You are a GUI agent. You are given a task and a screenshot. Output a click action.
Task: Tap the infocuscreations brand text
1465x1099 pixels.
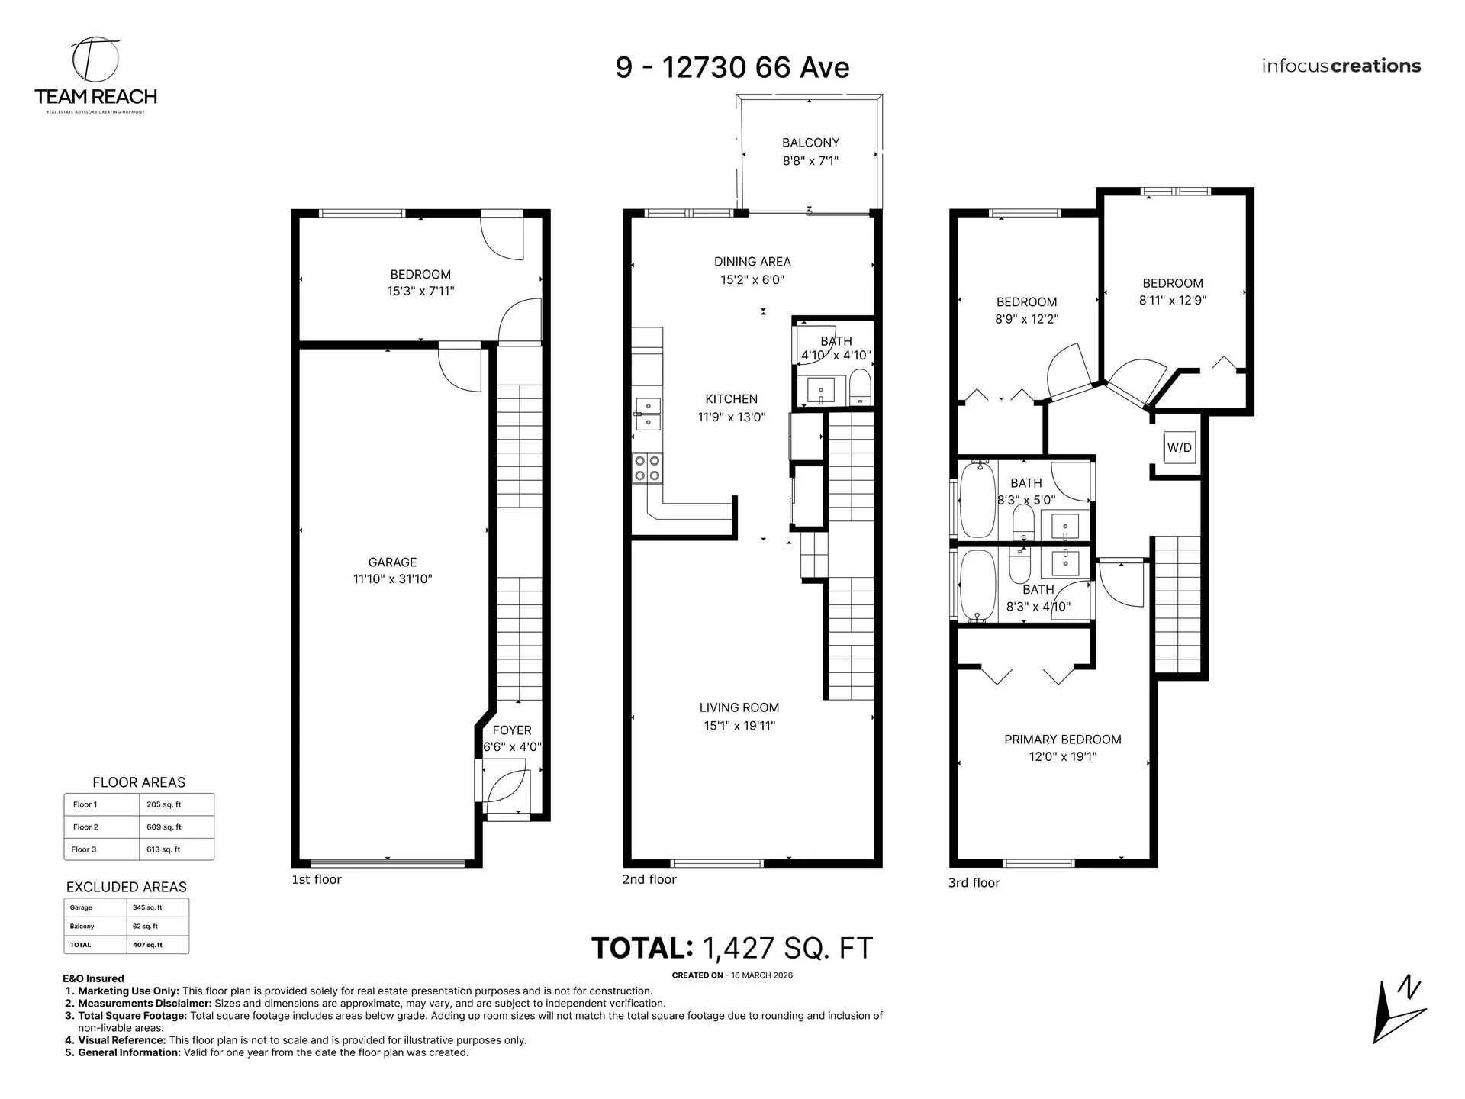pyautogui.click(x=1341, y=66)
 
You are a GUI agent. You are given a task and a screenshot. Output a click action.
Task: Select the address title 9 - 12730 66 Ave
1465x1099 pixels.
pyautogui.click(x=732, y=68)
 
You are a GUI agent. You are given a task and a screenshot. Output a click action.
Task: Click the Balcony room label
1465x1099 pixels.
pyautogui.click(x=810, y=143)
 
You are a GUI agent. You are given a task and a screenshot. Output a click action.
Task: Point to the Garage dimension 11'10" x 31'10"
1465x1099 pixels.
pyautogui.click(x=392, y=579)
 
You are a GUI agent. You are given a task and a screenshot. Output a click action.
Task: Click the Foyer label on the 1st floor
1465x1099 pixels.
pyautogui.click(x=511, y=730)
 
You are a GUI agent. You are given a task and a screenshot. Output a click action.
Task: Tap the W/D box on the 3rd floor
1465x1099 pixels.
pyautogui.click(x=1179, y=448)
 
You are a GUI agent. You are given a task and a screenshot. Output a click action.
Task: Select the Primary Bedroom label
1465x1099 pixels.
pyautogui.click(x=1062, y=740)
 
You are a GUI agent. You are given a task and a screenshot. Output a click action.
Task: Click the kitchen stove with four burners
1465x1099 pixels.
pyautogui.click(x=647, y=468)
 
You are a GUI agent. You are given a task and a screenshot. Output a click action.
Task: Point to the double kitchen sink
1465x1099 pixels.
pyautogui.click(x=648, y=414)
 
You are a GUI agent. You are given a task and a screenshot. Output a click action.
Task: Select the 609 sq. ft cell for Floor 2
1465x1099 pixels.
pyautogui.click(x=164, y=827)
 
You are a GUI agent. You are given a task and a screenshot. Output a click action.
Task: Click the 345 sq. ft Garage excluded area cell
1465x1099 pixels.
pyautogui.click(x=147, y=908)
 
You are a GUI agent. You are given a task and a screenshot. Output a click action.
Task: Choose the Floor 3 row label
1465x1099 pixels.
pyautogui.click(x=84, y=849)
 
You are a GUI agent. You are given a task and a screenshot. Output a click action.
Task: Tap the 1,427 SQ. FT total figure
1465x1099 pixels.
pyautogui.click(x=787, y=949)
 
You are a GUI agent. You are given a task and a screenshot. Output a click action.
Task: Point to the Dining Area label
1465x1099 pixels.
pyautogui.click(x=752, y=262)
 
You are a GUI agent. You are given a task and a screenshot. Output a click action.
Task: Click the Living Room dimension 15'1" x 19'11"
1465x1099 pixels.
pyautogui.click(x=739, y=726)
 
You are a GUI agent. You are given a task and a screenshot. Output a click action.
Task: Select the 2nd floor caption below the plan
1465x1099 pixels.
pyautogui.click(x=649, y=880)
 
